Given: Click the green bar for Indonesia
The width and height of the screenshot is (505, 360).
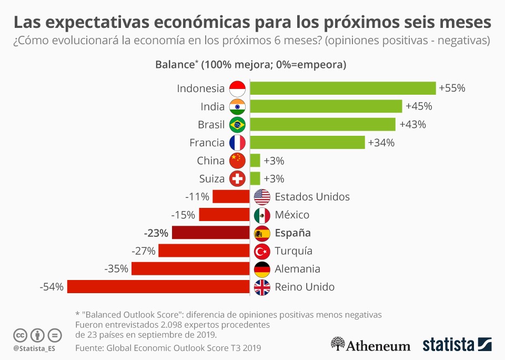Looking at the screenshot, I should coord(342,88).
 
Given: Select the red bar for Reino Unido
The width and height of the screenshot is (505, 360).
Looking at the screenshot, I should coord(158,287).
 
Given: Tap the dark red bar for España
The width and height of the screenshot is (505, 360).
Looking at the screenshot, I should coord(210,233).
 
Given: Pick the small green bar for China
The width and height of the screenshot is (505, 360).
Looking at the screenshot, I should coord(255,161).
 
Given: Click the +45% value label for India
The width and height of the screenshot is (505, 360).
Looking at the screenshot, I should coord(419,106).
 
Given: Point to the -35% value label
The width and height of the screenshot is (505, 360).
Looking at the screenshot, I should coord(116,269).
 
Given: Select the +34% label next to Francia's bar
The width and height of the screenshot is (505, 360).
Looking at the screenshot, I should coord(381,143).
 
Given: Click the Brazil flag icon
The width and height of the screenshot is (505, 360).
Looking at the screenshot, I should coord(238,125).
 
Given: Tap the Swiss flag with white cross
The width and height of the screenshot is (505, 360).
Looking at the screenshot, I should coord(238,179).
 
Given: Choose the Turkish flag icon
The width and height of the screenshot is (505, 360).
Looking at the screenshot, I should coord(262,251).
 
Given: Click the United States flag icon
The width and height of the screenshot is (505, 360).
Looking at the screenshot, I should coord(262,197).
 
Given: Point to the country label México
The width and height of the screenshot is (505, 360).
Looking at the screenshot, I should coord(292,215).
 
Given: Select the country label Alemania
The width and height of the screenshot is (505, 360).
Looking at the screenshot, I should coord(297,269).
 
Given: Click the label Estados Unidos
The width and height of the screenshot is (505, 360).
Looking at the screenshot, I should coord(312,197).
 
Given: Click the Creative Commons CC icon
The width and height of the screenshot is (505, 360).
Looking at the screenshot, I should coord(21,335).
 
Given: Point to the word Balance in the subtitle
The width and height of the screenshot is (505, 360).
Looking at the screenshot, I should coord(175,65).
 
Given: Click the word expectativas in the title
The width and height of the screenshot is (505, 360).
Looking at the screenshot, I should coord(108,23).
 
